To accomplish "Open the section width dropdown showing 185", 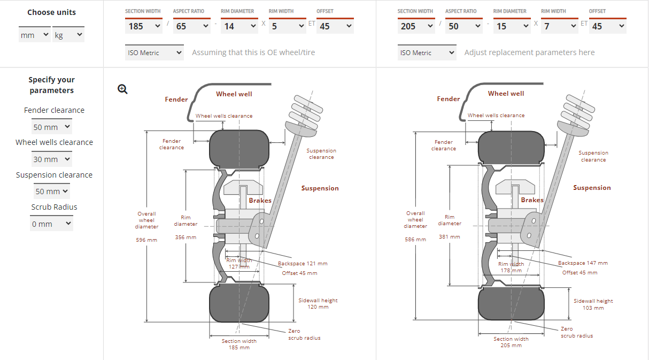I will [144, 26].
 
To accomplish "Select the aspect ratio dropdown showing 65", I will [191, 26].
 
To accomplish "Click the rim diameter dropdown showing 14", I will [239, 26].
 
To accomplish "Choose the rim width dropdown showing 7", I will [559, 26].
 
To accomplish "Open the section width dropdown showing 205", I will [416, 26].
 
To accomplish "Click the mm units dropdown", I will [35, 35].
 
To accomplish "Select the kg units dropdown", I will [68, 35].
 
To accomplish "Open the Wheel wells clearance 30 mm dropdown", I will [52, 159].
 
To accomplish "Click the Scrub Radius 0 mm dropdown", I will [51, 224].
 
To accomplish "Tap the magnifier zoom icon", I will [122, 89].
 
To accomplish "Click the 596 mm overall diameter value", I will [146, 240].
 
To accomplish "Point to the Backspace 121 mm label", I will [303, 264].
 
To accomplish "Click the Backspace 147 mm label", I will [583, 263].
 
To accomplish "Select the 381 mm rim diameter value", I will [450, 236].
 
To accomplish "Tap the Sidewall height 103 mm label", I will [593, 304].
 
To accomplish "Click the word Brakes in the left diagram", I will [260, 201].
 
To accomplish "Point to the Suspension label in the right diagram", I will [592, 188].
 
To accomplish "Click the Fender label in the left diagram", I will [176, 99].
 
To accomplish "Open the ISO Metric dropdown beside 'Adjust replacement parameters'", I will [427, 53].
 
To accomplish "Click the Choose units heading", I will [51, 12].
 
